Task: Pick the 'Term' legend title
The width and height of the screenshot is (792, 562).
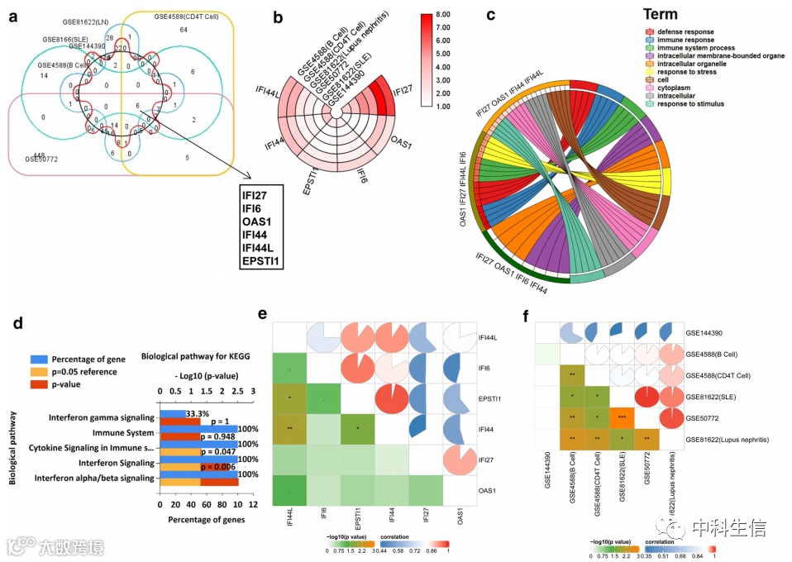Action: (660, 15)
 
